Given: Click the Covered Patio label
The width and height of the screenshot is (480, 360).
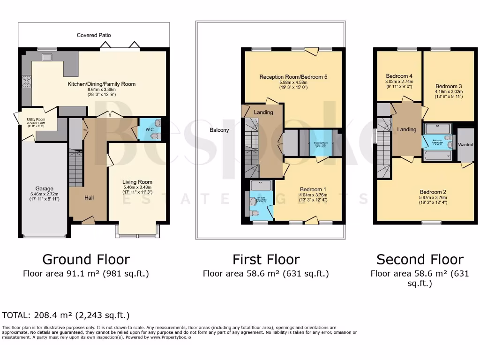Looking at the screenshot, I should pyautogui.click(x=94, y=35).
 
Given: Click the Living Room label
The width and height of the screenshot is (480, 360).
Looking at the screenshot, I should pyautogui.click(x=137, y=182).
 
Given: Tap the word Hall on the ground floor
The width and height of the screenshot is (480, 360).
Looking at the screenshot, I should pyautogui.click(x=89, y=198).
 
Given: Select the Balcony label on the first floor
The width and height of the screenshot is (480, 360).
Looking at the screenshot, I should pyautogui.click(x=219, y=130).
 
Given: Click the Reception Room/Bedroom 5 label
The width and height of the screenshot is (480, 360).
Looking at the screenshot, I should pyautogui.click(x=293, y=76).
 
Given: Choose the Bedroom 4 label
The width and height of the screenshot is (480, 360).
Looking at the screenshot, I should pyautogui.click(x=399, y=76).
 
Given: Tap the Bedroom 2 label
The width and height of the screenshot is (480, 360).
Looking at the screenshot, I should pyautogui.click(x=433, y=192).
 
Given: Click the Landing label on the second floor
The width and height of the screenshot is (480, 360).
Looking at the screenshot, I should pyautogui.click(x=406, y=129).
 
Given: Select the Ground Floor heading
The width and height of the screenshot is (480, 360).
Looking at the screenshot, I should pyautogui.click(x=86, y=259).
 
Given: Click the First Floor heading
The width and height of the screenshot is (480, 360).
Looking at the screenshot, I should pyautogui.click(x=266, y=259).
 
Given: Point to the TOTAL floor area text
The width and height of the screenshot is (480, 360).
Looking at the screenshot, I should pyautogui.click(x=66, y=315).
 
